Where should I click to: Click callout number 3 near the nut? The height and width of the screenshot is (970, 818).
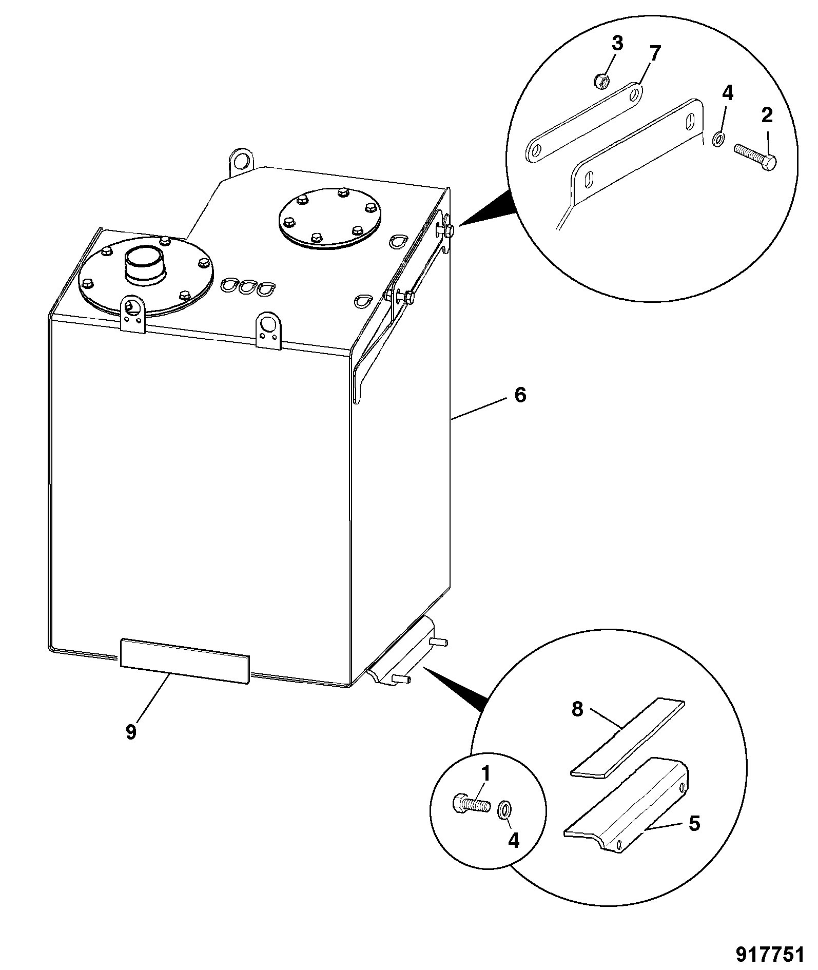point(617,44)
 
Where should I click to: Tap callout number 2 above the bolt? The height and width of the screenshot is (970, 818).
point(767,115)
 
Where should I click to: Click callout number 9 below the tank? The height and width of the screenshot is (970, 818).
point(131,731)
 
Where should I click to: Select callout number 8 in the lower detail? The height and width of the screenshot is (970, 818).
point(578,711)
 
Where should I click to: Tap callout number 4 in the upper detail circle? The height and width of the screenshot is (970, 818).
point(728,93)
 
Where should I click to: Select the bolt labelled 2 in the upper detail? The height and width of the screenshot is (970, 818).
point(755,156)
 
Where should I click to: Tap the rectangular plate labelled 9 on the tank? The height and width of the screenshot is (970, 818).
point(185,661)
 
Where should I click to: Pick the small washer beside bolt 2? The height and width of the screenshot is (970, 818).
point(718,138)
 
